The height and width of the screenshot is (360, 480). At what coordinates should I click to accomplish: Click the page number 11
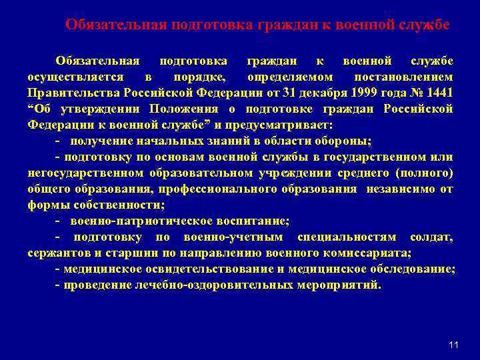[454, 345]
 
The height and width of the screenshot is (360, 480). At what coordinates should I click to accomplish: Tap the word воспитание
[249, 221]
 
